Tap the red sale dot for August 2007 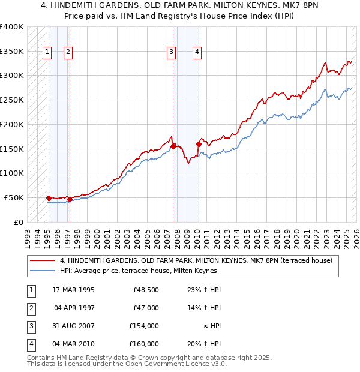173,146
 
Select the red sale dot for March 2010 198,143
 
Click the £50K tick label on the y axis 14,197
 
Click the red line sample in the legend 42,260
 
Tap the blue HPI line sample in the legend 42,271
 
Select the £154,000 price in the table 144,326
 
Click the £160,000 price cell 144,344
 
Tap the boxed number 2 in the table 29,308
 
